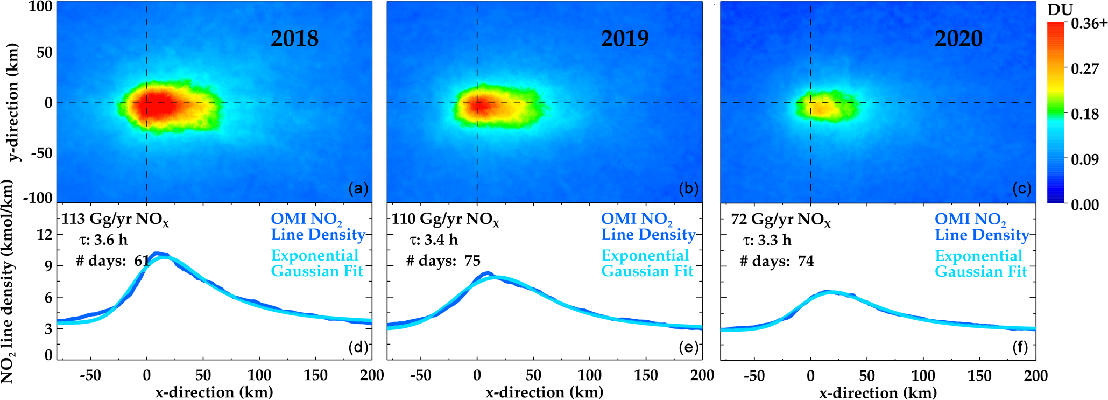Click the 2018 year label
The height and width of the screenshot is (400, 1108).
click(x=294, y=38)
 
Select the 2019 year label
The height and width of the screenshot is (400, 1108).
click(x=624, y=38)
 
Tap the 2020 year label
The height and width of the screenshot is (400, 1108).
click(x=958, y=38)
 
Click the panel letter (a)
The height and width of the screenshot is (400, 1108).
click(x=358, y=188)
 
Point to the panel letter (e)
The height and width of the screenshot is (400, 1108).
click(x=689, y=347)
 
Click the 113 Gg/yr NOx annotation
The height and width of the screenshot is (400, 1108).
click(x=115, y=219)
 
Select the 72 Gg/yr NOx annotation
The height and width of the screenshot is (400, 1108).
click(x=781, y=219)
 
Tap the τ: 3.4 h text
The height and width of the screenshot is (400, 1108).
click(x=434, y=240)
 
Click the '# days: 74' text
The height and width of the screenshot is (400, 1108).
click(x=777, y=261)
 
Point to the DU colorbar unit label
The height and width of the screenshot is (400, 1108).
click(x=1060, y=10)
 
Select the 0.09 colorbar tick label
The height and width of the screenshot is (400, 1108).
click(x=1085, y=159)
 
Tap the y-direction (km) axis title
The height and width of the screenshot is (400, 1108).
click(x=14, y=102)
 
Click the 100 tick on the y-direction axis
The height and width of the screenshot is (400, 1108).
click(x=40, y=8)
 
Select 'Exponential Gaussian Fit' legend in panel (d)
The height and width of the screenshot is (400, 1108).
click(x=316, y=263)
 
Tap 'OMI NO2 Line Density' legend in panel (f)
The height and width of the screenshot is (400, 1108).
click(x=982, y=227)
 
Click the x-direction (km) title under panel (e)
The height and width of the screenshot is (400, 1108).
click(x=545, y=392)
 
